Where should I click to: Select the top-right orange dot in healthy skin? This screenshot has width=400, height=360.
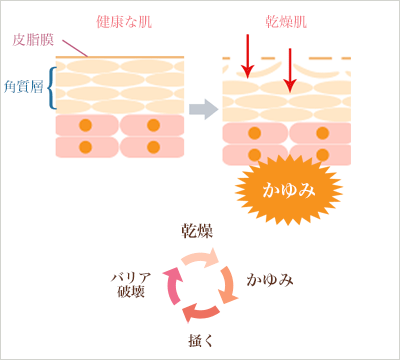pyautogui.click(x=153, y=125)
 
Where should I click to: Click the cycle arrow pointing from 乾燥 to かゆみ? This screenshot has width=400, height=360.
pyautogui.click(x=225, y=263)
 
